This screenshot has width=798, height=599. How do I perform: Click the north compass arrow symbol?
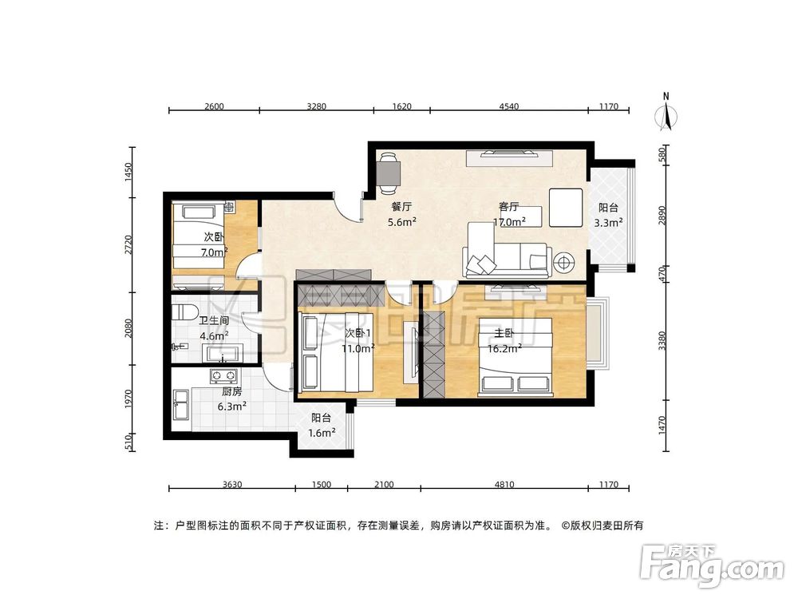pos(666,112)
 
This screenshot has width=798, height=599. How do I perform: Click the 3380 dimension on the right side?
pos(662,341)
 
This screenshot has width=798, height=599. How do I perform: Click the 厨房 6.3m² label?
pos(232,398)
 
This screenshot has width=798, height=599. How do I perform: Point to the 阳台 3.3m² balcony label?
pos(610,215)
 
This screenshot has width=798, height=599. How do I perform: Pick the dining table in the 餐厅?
pos(389,172)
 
